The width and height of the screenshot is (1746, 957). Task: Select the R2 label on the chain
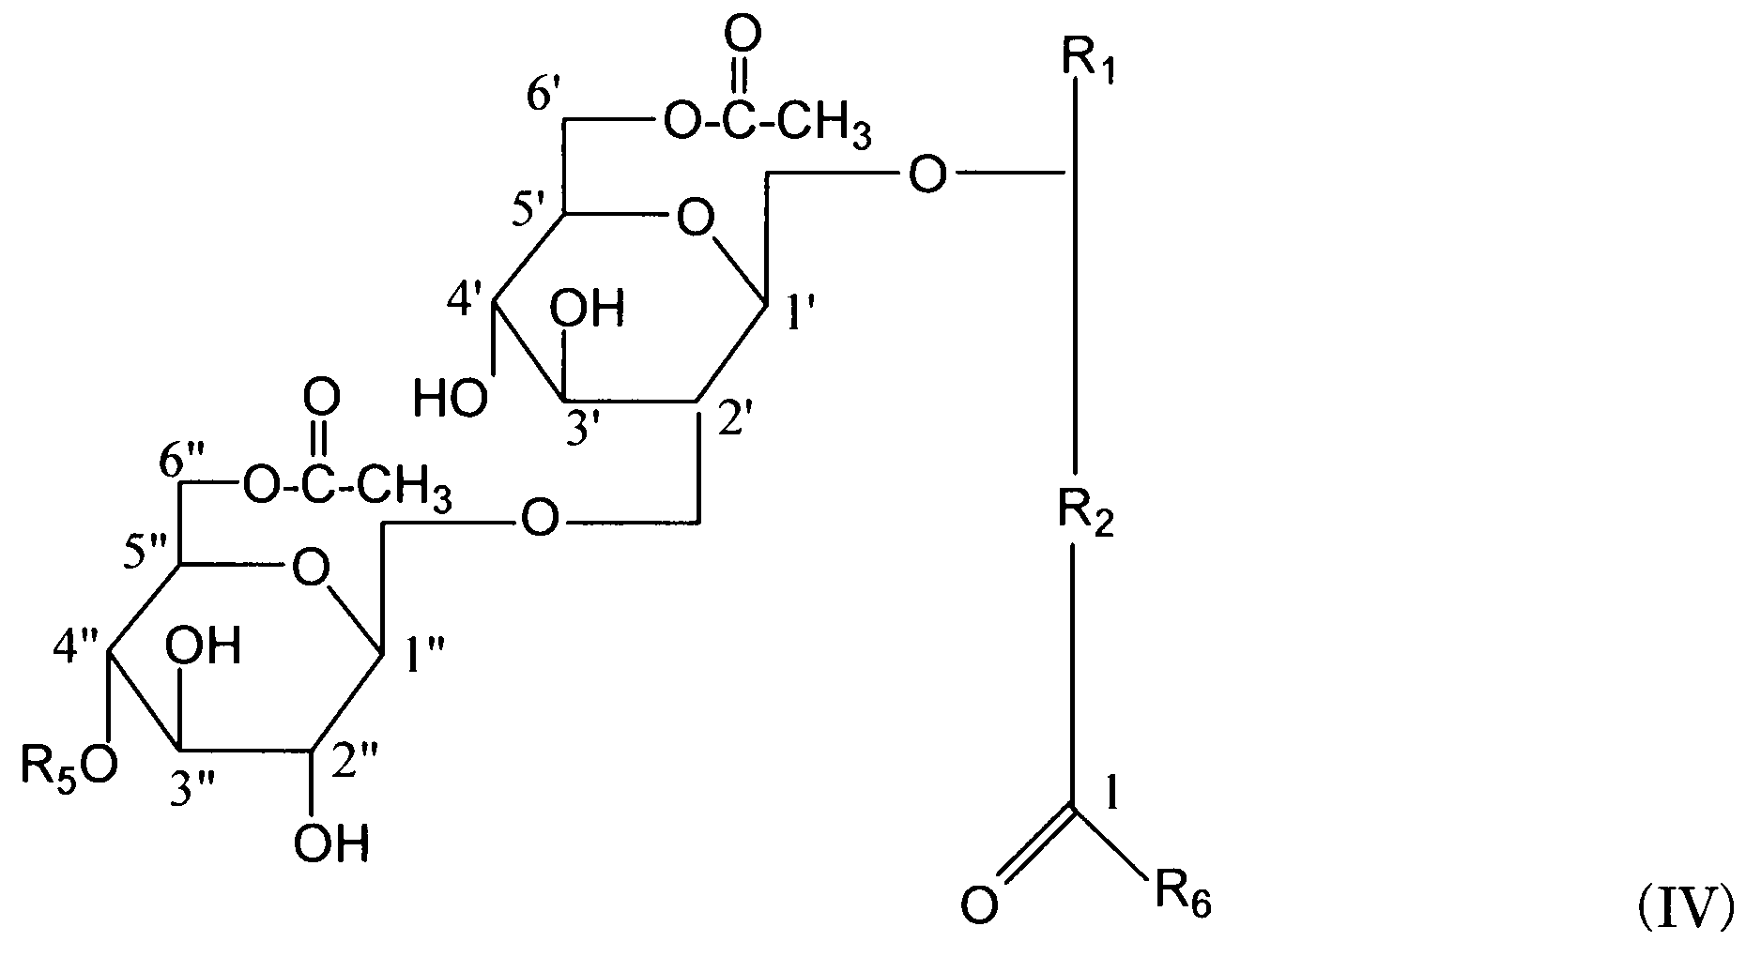[1085, 515]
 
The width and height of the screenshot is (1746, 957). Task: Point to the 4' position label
[466, 302]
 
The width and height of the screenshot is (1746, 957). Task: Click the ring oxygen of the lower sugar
[311, 569]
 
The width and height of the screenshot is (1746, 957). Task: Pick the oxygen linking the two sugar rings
[539, 519]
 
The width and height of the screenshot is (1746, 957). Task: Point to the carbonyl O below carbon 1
[981, 906]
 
